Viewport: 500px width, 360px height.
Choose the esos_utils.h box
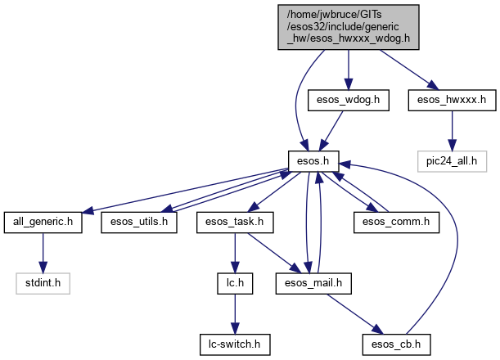tap(139, 221)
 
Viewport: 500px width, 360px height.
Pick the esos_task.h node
tap(235, 221)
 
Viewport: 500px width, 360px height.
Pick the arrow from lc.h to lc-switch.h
tap(235, 312)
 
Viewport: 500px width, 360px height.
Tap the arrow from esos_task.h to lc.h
tap(235, 251)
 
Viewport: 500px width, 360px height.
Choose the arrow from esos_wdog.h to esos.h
tap(331, 128)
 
